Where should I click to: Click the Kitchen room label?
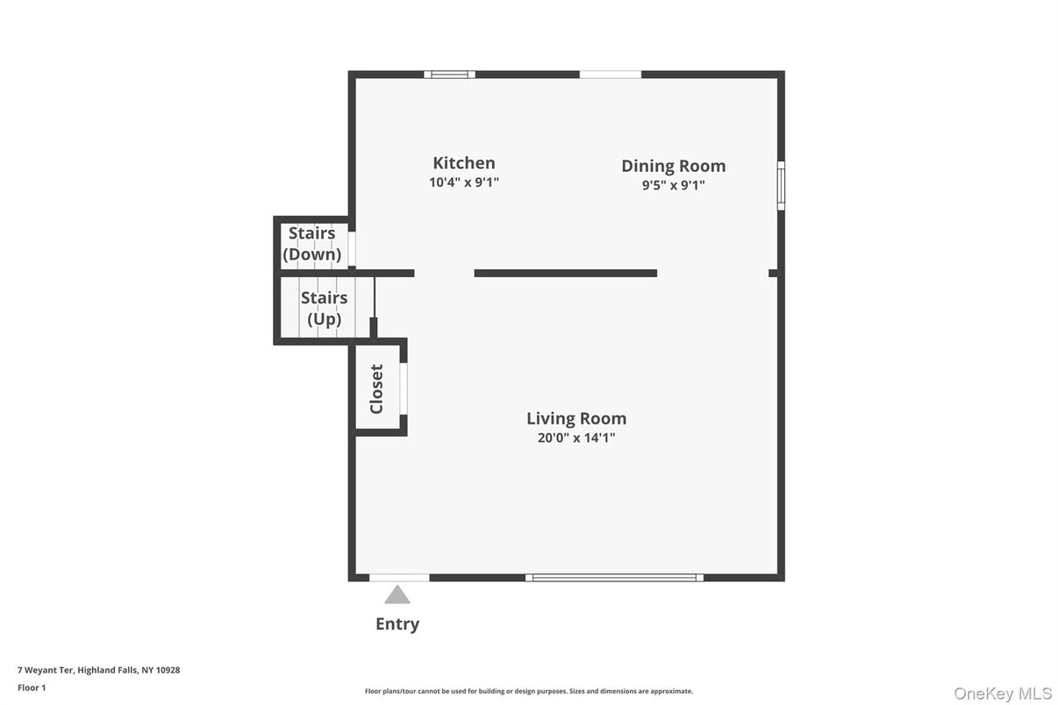[x=463, y=163]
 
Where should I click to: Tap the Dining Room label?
[x=673, y=166]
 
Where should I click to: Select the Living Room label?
[x=576, y=418]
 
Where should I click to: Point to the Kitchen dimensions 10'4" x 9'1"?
[x=463, y=182]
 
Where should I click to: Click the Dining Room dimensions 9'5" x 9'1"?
[x=673, y=185]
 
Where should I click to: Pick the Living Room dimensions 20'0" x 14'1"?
[x=576, y=438]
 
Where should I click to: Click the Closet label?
[x=376, y=388]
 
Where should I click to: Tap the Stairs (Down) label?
[x=312, y=244]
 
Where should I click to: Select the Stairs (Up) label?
[x=324, y=308]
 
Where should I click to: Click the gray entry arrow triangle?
[x=397, y=595]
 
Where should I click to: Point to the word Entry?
[x=397, y=623]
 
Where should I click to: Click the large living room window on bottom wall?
[x=614, y=578]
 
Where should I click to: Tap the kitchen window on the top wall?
[x=450, y=75]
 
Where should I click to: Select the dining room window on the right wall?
[x=781, y=185]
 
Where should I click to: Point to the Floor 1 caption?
[x=32, y=687]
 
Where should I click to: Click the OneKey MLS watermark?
[x=1003, y=694]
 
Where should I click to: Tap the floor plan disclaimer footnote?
[x=528, y=691]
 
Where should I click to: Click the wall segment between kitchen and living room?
[x=565, y=274]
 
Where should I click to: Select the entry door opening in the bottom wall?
[x=399, y=578]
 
